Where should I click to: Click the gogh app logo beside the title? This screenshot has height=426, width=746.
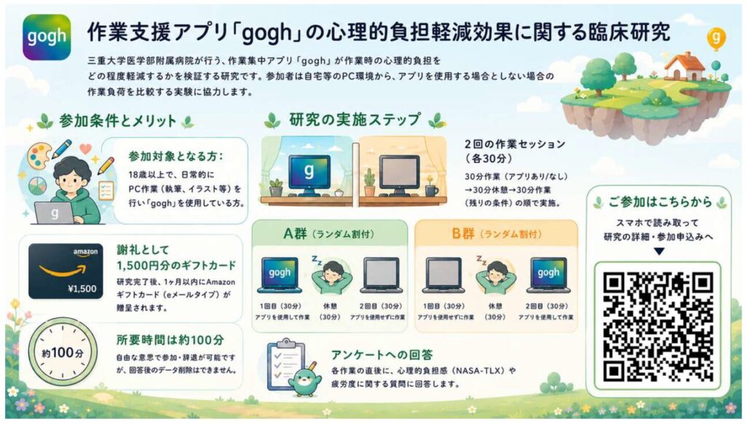click(x=47, y=36)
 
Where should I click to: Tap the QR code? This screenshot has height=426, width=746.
click(x=658, y=327)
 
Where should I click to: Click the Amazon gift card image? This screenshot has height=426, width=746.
click(x=66, y=271)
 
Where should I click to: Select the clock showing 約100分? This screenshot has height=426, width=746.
click(x=63, y=352)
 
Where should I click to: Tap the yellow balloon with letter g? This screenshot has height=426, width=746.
click(x=716, y=38)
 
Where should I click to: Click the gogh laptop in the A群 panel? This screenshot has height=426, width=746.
click(x=279, y=275)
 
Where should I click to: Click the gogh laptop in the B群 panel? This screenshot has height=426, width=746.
click(x=549, y=275)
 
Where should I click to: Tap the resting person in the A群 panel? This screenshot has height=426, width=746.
click(x=331, y=276)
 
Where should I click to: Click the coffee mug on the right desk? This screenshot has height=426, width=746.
click(x=431, y=191)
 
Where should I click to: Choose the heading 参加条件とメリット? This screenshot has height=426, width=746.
click(x=117, y=121)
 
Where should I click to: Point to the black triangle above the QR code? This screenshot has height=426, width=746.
click(x=659, y=251)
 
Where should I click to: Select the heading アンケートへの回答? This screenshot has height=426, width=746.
click(x=382, y=355)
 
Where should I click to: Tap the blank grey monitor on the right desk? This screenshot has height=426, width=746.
click(x=399, y=175)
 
